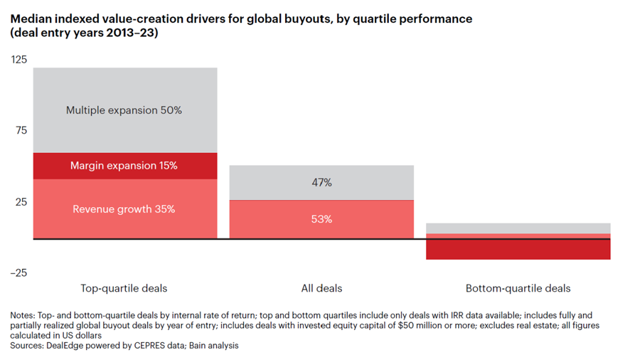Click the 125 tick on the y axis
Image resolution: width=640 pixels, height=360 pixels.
click(19, 60)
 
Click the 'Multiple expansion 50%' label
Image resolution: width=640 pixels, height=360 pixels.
click(124, 110)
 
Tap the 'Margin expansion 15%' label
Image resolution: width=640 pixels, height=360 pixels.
click(124, 166)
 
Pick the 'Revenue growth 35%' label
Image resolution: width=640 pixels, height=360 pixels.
click(124, 209)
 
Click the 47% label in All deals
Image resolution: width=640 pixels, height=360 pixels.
click(321, 183)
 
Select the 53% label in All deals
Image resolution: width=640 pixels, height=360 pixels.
click(321, 219)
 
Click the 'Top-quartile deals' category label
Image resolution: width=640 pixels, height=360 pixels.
click(124, 288)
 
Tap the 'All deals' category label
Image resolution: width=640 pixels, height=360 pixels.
click(321, 288)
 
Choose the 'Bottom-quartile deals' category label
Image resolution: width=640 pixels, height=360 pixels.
click(518, 288)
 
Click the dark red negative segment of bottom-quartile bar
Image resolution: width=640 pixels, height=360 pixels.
click(518, 249)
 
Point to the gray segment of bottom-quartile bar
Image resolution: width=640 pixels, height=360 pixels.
click(518, 228)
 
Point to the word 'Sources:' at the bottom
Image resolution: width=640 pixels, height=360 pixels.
click(29, 345)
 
